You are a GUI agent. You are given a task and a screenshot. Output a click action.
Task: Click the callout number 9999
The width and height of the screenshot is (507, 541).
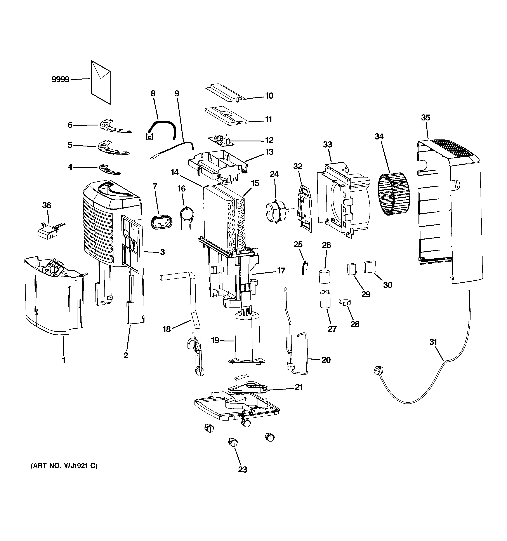click(60, 80)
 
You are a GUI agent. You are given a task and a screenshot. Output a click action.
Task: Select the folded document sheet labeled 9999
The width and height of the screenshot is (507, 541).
click(101, 83)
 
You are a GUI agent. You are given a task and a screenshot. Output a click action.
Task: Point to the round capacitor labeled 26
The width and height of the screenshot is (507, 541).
click(324, 277)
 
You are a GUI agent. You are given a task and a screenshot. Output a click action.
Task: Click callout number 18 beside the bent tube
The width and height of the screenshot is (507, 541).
click(167, 329)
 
